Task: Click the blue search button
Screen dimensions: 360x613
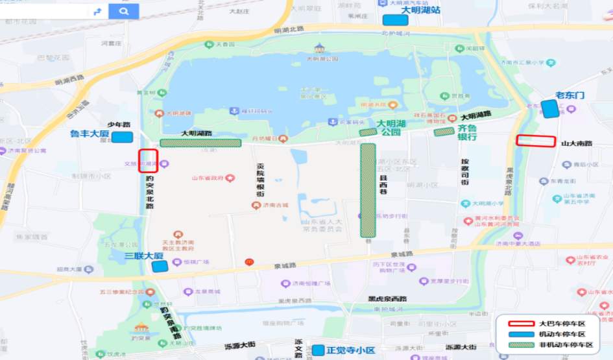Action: click(123, 11)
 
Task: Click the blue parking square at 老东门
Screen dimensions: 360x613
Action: click(549, 109)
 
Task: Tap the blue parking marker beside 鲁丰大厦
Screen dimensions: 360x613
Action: click(122, 137)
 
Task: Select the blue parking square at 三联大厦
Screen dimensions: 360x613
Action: click(160, 265)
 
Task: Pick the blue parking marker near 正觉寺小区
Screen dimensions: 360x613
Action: click(318, 350)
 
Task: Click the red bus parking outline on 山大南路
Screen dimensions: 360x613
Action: click(536, 141)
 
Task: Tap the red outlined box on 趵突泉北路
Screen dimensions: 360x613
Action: click(148, 161)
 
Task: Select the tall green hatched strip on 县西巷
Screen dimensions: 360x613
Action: click(368, 189)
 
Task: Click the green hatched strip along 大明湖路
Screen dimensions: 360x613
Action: click(200, 143)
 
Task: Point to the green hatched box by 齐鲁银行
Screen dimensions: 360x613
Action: click(444, 132)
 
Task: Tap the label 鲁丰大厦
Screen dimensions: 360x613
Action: click(90, 134)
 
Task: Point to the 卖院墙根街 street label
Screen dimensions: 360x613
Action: click(261, 180)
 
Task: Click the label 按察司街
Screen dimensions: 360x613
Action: click(464, 172)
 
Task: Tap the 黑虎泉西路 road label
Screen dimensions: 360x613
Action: click(387, 299)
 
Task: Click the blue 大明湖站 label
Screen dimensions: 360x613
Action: click(420, 10)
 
